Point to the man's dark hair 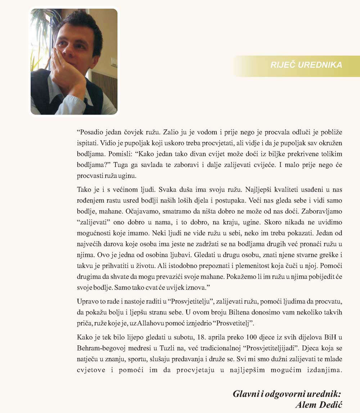79,25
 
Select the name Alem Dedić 318,405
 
